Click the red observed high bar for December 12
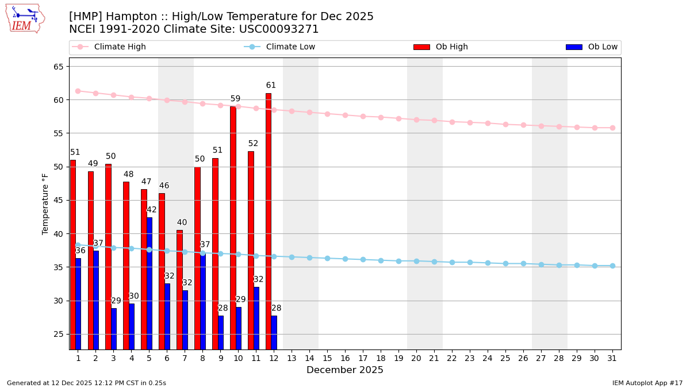269,221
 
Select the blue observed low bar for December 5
149,283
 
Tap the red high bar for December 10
233,228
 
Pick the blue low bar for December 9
221,332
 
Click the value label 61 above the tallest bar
271,86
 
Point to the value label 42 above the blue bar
152,210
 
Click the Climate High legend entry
120,47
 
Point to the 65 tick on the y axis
58,67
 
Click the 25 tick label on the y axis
58,335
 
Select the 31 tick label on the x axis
612,358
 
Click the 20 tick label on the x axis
416,358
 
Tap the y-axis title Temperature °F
46,203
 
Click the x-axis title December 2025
345,370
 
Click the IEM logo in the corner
25,18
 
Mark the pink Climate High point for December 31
612,128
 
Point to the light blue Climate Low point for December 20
416,261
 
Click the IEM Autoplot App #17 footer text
647,383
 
